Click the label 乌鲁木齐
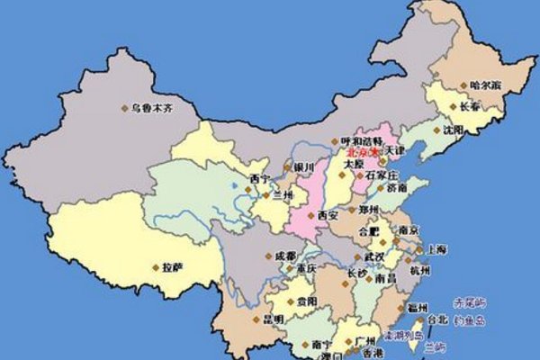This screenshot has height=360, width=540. tap(152, 107)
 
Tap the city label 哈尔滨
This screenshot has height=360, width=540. tap(485, 85)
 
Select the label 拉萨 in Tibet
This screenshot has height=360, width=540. tap(172, 266)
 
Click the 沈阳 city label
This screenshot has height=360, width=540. tap(453, 130)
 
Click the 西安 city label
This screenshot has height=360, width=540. tap(329, 216)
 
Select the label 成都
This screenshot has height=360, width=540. tap(285, 256)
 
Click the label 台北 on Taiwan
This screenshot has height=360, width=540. tap(437, 319)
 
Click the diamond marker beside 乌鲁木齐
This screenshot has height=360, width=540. tap(125, 108)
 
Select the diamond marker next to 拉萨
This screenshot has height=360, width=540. tap(155, 267)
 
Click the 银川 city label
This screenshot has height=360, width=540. tap(304, 167)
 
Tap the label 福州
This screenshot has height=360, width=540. tap(418, 307)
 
